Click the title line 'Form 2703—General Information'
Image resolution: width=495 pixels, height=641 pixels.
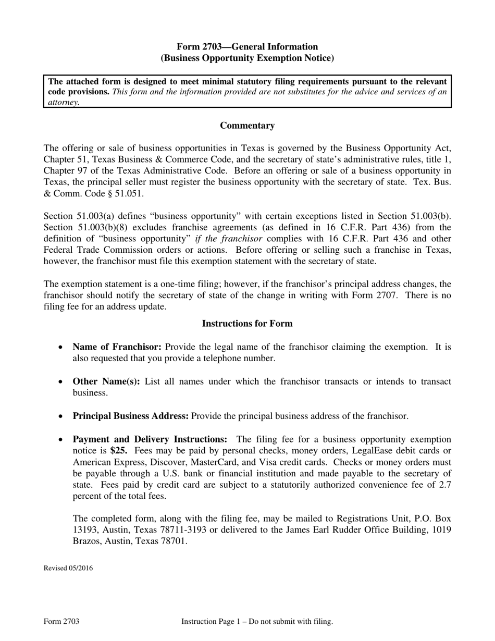pyautogui.click(x=247, y=47)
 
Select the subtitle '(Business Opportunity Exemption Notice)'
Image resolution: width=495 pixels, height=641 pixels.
pyautogui.click(x=247, y=58)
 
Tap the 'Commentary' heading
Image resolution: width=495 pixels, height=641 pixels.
pyautogui.click(x=247, y=126)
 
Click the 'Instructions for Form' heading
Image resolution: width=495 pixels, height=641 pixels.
pyautogui.click(x=247, y=324)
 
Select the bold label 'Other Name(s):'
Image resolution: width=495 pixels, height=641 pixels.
pyautogui.click(x=106, y=381)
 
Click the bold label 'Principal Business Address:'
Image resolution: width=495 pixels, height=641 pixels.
pyautogui.click(x=131, y=416)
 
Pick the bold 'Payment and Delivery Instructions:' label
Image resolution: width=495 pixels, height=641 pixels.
pyautogui.click(x=150, y=439)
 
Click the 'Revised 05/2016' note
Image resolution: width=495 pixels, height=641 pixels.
pyautogui.click(x=68, y=568)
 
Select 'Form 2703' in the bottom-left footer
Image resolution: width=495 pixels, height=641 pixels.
pyautogui.click(x=61, y=621)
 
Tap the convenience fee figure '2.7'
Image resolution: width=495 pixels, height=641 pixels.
pyautogui.click(x=444, y=485)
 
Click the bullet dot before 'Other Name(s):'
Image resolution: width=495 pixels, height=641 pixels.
pyautogui.click(x=61, y=382)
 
